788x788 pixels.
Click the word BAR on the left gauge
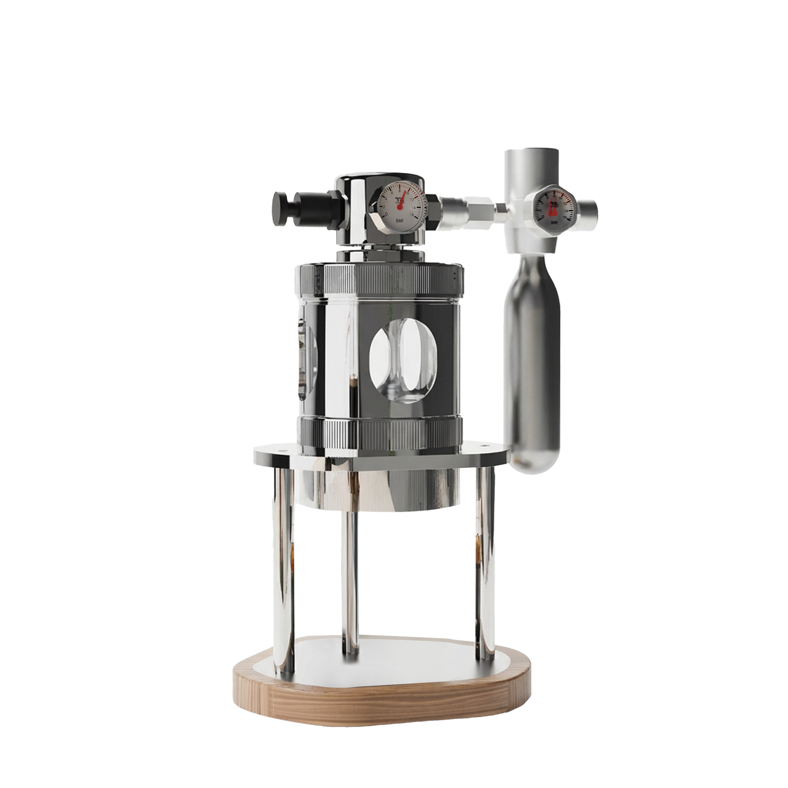400,219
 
